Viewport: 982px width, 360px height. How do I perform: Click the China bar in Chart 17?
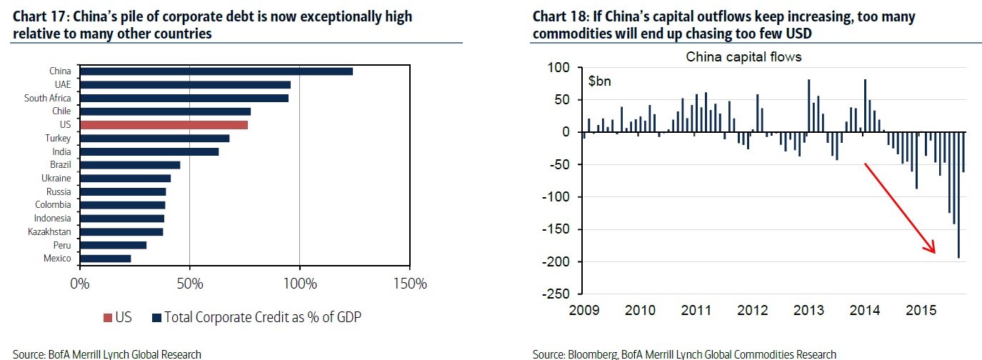pos(216,71)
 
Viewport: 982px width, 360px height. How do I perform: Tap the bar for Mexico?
pos(105,258)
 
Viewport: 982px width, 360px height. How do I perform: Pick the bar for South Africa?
pos(184,98)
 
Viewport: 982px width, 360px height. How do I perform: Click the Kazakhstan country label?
pos(49,231)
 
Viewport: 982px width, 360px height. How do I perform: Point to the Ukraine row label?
pos(56,178)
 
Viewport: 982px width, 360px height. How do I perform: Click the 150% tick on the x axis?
pos(409,284)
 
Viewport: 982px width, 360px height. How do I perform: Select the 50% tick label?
pos(189,284)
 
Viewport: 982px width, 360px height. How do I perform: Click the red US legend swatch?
pos(106,317)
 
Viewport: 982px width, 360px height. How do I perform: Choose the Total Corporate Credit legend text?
pos(263,317)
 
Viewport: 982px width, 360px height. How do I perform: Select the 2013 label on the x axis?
pos(809,311)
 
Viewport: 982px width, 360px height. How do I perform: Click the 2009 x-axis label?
pos(585,311)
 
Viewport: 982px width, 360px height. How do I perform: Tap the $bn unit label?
pos(600,81)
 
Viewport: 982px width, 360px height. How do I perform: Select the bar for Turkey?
pos(154,138)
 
